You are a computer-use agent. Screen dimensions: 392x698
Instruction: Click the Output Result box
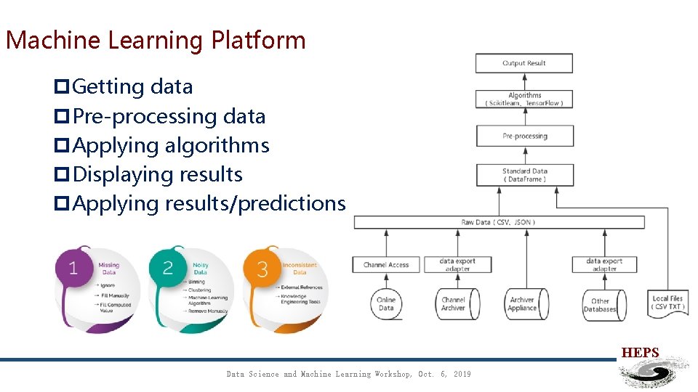pos(523,63)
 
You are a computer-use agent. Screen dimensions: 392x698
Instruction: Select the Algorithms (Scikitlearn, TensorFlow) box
pos(523,99)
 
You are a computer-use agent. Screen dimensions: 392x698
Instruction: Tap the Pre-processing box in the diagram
pos(524,136)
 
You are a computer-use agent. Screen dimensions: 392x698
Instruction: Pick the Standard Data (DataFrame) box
pos(524,175)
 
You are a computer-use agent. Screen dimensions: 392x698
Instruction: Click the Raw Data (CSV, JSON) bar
pos(498,222)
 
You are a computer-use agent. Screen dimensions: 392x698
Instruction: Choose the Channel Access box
pos(386,265)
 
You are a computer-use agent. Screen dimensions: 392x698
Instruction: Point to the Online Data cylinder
pos(386,303)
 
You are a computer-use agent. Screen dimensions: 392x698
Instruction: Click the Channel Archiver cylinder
pos(454,303)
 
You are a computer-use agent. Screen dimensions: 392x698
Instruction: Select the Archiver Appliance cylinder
pos(522,303)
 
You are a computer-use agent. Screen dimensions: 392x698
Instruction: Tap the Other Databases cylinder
pos(600,304)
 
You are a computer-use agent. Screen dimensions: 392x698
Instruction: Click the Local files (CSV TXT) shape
pos(667,303)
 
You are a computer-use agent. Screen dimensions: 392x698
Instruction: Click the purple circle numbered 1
pos(73,269)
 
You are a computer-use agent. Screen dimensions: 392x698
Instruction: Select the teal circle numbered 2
pos(168,269)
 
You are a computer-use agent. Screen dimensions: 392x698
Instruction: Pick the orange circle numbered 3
pos(262,269)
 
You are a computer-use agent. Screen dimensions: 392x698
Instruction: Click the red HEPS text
pos(640,353)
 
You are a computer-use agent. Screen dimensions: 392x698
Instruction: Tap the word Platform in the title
pos(258,41)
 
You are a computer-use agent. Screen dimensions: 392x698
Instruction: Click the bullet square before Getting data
pos(63,87)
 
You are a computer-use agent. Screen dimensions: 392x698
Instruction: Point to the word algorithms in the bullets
pos(217,145)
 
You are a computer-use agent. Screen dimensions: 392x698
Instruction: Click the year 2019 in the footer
pos(462,374)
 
